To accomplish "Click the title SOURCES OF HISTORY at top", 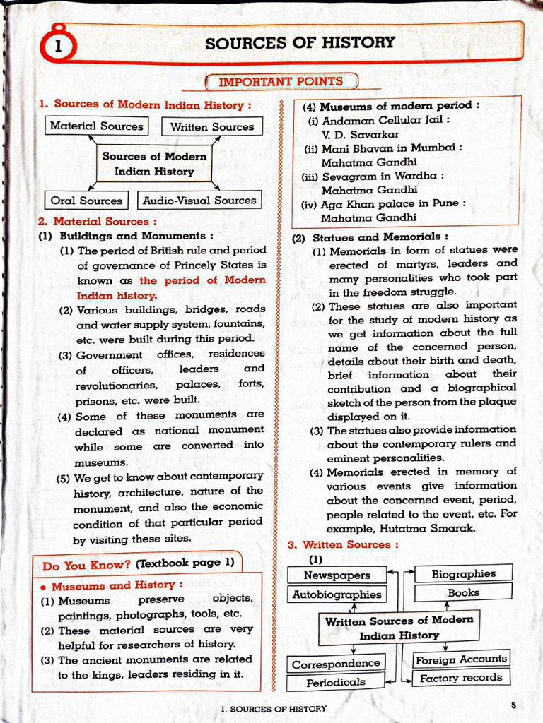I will (x=300, y=42).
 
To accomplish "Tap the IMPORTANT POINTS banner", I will (x=281, y=82).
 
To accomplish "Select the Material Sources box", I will (x=96, y=126).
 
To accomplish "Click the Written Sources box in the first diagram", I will (x=212, y=127).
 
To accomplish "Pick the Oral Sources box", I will (x=86, y=201).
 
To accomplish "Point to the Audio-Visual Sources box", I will (x=199, y=201).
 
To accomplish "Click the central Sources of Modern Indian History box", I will (x=154, y=164).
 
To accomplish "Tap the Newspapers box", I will (x=337, y=575).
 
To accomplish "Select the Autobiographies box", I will (x=337, y=594).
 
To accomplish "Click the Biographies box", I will (x=463, y=574).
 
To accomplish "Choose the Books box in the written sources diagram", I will (x=463, y=593).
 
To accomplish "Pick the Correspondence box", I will (x=336, y=664).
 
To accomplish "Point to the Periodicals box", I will (x=336, y=683).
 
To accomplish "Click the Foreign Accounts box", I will (x=461, y=659).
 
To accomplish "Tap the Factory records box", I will (x=461, y=678).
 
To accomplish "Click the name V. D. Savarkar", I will (x=360, y=134).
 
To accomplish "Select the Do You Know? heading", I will (x=86, y=566).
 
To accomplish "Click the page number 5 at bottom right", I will (x=513, y=705).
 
